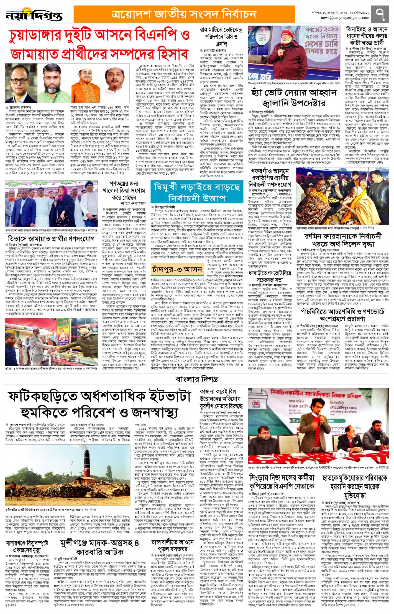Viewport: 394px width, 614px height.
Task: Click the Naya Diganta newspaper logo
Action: (34, 15)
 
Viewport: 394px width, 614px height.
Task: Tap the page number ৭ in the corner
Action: (381, 14)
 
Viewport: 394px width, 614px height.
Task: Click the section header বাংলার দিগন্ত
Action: (197, 379)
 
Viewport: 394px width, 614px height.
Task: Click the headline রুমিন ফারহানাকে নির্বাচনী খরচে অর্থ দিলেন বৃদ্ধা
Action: (343, 240)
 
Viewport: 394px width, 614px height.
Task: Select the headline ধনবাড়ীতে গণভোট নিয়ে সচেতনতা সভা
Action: (269, 277)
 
